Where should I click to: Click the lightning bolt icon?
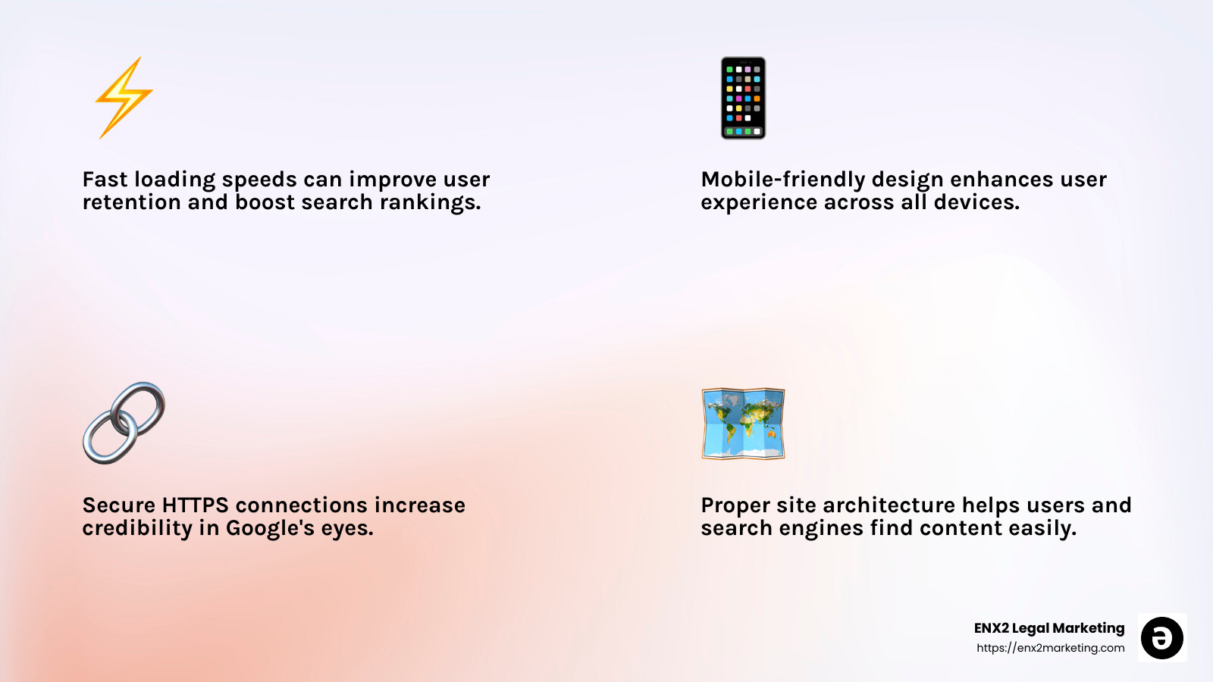124,98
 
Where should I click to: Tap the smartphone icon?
743,98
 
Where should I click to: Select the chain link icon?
124,423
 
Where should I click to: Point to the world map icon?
743,424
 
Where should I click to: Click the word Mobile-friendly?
782,180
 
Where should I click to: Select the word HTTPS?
195,505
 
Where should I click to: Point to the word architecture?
889,505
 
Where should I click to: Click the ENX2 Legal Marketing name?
1049,628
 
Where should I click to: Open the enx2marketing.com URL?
1050,648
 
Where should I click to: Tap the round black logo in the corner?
1161,638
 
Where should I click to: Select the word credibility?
137,528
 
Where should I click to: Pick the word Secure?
118,505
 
